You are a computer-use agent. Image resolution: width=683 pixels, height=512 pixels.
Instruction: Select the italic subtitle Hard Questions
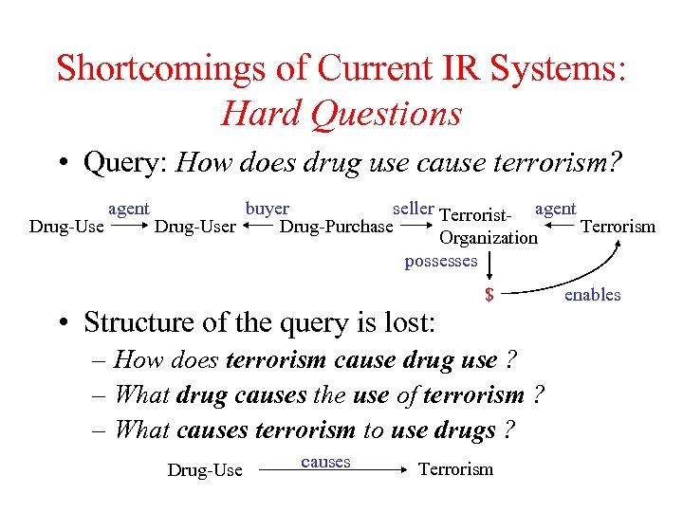pos(341,114)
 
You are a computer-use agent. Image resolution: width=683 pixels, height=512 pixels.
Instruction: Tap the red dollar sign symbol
pos(489,295)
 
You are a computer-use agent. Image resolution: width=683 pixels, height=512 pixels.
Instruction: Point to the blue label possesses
pos(441,261)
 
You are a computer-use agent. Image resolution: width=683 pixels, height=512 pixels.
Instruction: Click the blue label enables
pos(592,295)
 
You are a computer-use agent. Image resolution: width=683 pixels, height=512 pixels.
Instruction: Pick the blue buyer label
pos(267,208)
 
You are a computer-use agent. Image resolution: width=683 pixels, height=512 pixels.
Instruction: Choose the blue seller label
pos(414,208)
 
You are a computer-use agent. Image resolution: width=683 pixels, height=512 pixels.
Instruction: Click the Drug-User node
pos(194,227)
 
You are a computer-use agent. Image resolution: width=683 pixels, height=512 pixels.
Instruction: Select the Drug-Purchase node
pos(336,227)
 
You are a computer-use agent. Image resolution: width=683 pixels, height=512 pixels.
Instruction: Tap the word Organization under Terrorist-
pos(488,238)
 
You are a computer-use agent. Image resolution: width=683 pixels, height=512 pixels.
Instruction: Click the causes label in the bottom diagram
pos(325,462)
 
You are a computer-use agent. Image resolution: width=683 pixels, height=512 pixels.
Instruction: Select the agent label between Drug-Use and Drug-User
pos(128,208)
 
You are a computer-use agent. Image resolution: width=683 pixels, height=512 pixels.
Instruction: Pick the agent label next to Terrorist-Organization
pos(555,208)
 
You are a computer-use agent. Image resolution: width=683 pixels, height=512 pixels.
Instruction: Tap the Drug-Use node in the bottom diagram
pos(205,470)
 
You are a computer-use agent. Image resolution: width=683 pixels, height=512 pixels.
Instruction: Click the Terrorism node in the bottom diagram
pos(455,469)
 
